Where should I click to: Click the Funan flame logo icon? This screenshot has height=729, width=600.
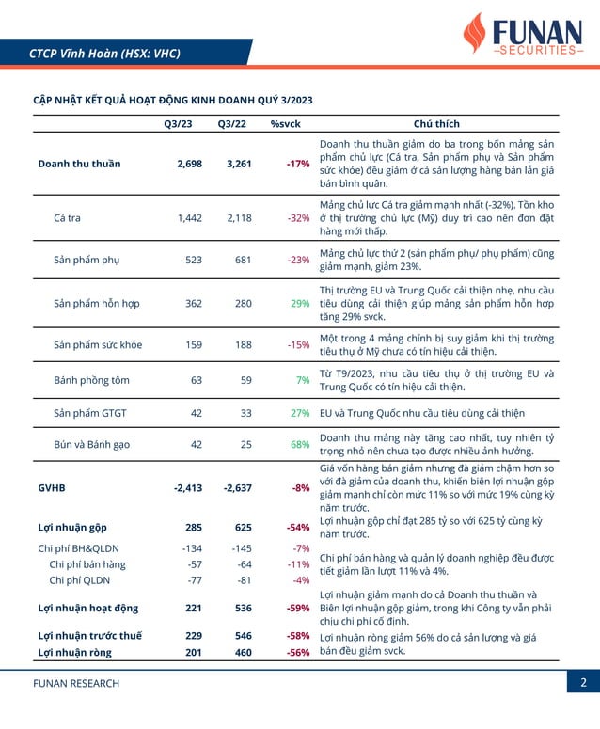pos(475,33)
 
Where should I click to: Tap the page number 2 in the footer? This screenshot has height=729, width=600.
pos(583,683)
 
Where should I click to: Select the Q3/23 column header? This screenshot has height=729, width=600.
pos(178,124)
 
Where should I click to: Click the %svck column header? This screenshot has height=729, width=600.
pos(285,124)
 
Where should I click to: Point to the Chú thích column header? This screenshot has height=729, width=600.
pos(436,123)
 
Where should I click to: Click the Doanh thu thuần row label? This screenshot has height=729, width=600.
pos(80,164)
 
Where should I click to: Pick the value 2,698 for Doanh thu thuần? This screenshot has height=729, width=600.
pos(190,164)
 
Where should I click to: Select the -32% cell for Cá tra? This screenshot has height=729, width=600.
pos(298,218)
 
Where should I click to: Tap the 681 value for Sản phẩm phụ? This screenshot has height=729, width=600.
pos(243,260)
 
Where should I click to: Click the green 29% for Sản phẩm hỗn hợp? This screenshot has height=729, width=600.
pos(300,304)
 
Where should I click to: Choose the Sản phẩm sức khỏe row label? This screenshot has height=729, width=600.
pos(98,345)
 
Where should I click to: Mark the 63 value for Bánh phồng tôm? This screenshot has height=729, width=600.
pos(197,380)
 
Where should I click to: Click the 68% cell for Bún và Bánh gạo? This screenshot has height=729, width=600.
pos(300,445)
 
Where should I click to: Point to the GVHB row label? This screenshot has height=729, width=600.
pos(52,488)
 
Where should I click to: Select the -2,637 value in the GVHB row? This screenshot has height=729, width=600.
pos(238,488)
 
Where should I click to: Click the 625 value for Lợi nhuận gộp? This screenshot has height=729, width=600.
pos(243,528)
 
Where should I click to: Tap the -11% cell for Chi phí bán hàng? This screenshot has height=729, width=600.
pos(298,564)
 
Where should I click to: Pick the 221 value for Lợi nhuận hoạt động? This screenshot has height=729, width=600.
pos(194,608)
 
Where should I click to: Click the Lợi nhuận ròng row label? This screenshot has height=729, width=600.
pos(75,652)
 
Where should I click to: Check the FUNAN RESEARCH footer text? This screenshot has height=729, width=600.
pos(76,684)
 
